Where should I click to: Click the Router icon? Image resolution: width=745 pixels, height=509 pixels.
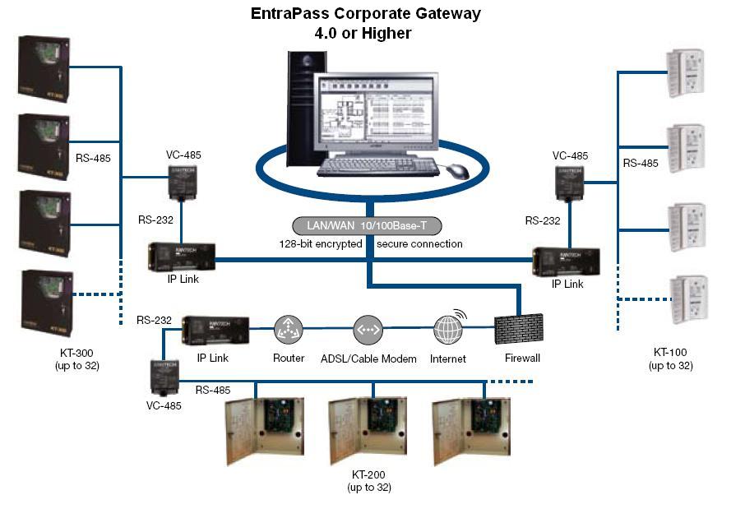[289, 331]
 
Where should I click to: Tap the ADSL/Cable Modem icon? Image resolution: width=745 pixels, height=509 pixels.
[368, 331]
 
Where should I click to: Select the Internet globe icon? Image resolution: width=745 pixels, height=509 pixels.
[447, 331]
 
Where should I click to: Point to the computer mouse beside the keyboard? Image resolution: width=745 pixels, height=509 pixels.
[457, 170]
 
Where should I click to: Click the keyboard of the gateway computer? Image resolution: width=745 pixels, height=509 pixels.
[378, 166]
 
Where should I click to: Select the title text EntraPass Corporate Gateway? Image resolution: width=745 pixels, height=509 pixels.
[365, 14]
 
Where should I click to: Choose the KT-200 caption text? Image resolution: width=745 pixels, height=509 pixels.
[367, 474]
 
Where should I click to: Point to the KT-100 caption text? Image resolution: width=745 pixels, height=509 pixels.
[670, 353]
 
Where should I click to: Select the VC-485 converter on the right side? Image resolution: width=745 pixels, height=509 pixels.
[570, 182]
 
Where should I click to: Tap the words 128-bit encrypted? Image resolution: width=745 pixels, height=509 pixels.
[320, 244]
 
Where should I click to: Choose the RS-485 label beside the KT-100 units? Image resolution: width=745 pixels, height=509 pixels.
[641, 164]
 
